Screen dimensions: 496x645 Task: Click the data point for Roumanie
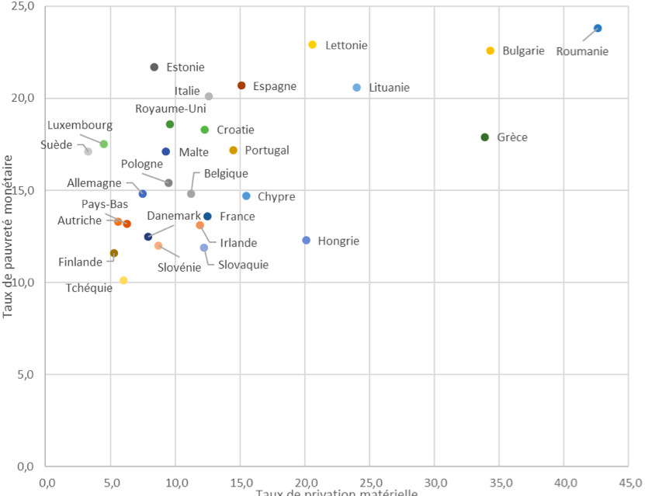click(x=598, y=28)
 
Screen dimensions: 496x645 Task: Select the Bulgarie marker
click(x=491, y=50)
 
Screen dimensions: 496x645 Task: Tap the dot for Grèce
click(x=485, y=137)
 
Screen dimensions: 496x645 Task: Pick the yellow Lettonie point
click(x=313, y=45)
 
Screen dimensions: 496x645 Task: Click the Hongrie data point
click(x=307, y=241)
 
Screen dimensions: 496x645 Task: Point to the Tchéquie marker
click(x=123, y=280)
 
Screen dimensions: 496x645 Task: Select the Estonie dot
click(x=154, y=67)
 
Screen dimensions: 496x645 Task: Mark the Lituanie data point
click(x=357, y=88)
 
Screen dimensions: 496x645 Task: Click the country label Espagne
click(x=275, y=86)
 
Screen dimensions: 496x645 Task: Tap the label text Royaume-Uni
click(x=171, y=109)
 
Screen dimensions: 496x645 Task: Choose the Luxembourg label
click(x=80, y=125)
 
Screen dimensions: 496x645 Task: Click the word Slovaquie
click(x=243, y=265)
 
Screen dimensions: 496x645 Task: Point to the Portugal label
click(x=267, y=151)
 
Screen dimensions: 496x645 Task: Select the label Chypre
click(x=276, y=197)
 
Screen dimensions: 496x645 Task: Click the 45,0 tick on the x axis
click(x=629, y=482)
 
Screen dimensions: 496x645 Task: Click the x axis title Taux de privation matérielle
click(x=337, y=492)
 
